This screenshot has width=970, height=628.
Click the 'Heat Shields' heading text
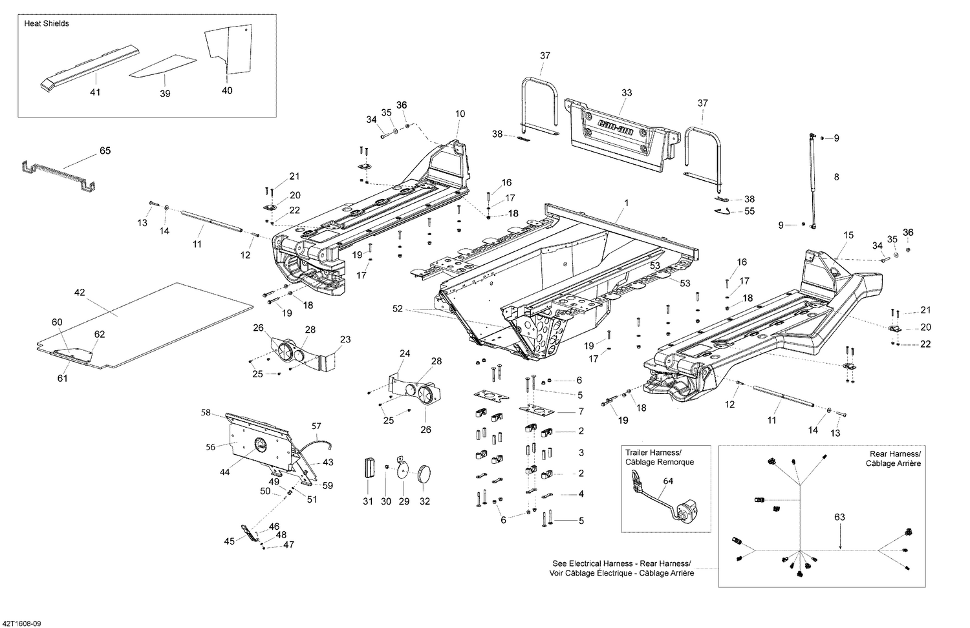coord(47,23)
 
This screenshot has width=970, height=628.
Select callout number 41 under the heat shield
coord(95,92)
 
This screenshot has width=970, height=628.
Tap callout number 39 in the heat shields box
coord(165,94)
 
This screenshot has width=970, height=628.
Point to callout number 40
coord(227,90)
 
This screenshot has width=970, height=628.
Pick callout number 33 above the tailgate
coord(626,92)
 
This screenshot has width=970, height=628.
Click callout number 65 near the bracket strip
coord(105,151)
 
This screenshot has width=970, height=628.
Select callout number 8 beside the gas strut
coord(836,176)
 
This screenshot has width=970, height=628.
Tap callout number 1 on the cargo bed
coord(626,203)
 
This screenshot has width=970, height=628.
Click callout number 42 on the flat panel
coord(80,293)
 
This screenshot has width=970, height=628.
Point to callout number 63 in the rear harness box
coord(839,517)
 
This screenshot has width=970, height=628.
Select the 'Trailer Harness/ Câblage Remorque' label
coord(660,457)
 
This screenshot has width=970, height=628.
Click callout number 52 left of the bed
coord(397,309)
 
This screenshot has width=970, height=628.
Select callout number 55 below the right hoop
coord(749,211)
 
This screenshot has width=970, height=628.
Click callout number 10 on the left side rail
coord(460,114)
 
